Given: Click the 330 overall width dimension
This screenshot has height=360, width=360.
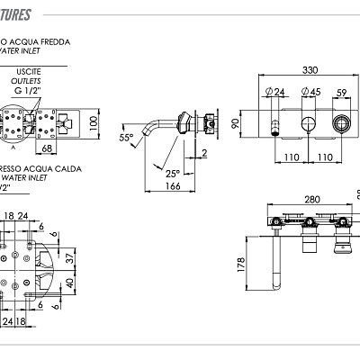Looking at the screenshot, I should point(309,70).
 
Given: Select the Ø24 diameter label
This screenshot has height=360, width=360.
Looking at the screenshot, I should point(275,91).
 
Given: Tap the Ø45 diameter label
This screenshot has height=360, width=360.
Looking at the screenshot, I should point(311,91).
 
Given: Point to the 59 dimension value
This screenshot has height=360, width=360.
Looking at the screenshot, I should point(341,91).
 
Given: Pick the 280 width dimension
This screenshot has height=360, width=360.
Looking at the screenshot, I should point(312,200).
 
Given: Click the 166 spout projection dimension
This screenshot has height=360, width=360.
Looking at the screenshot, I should point(174,186).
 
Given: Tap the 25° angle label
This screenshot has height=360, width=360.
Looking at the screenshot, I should point(172,173).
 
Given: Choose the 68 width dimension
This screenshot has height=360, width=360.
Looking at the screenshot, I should point(48,148).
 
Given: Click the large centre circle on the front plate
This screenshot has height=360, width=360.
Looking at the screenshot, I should point(308,123).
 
